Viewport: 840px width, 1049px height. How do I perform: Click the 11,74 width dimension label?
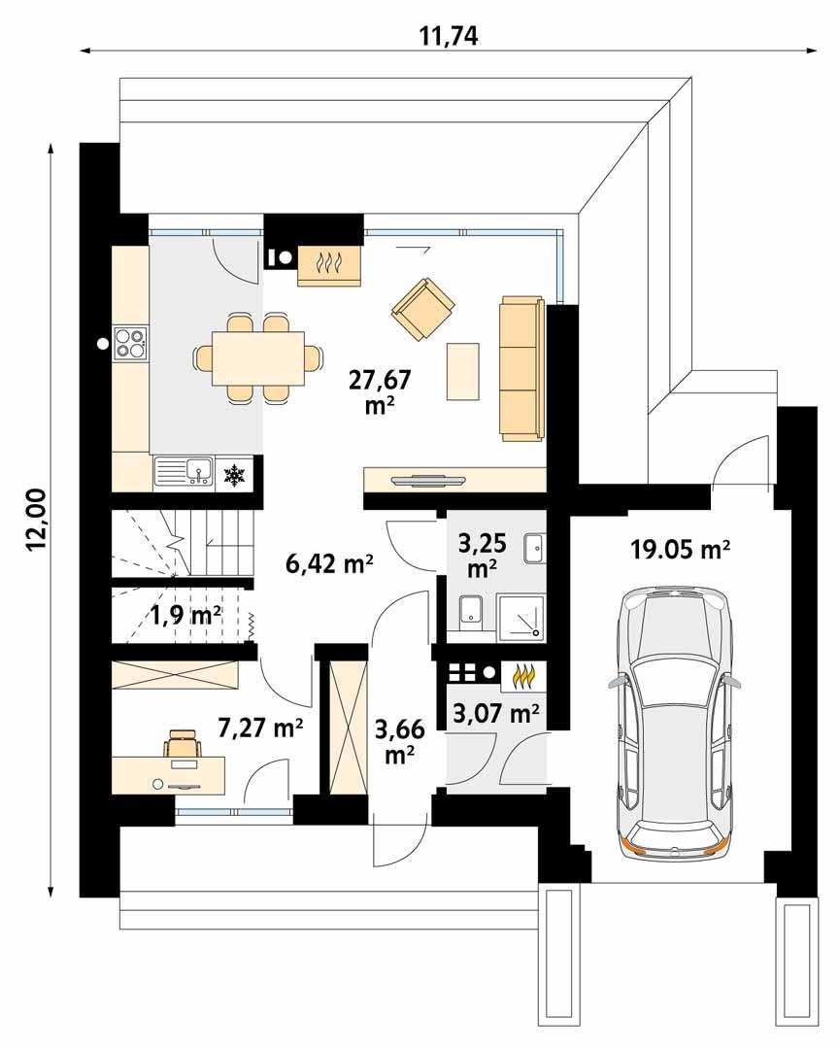(449, 35)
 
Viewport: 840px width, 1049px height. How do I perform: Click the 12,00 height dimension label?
(36, 521)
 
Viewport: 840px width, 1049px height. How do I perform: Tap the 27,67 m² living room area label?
(373, 392)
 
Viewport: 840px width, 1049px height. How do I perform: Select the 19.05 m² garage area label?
(680, 550)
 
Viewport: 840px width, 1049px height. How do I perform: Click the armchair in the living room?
(423, 309)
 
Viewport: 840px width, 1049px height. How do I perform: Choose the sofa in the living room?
(521, 368)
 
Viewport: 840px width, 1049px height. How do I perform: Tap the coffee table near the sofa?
(463, 371)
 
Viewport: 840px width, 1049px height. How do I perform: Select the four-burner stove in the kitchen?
(130, 342)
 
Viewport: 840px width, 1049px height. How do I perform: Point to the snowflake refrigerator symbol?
(234, 475)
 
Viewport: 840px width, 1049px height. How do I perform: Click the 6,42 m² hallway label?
(330, 564)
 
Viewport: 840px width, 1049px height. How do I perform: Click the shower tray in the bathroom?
(521, 614)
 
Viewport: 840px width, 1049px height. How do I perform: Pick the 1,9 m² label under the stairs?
(185, 614)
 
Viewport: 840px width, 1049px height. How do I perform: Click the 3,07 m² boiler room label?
(496, 715)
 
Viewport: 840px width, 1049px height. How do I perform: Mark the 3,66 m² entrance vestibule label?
(397, 739)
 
